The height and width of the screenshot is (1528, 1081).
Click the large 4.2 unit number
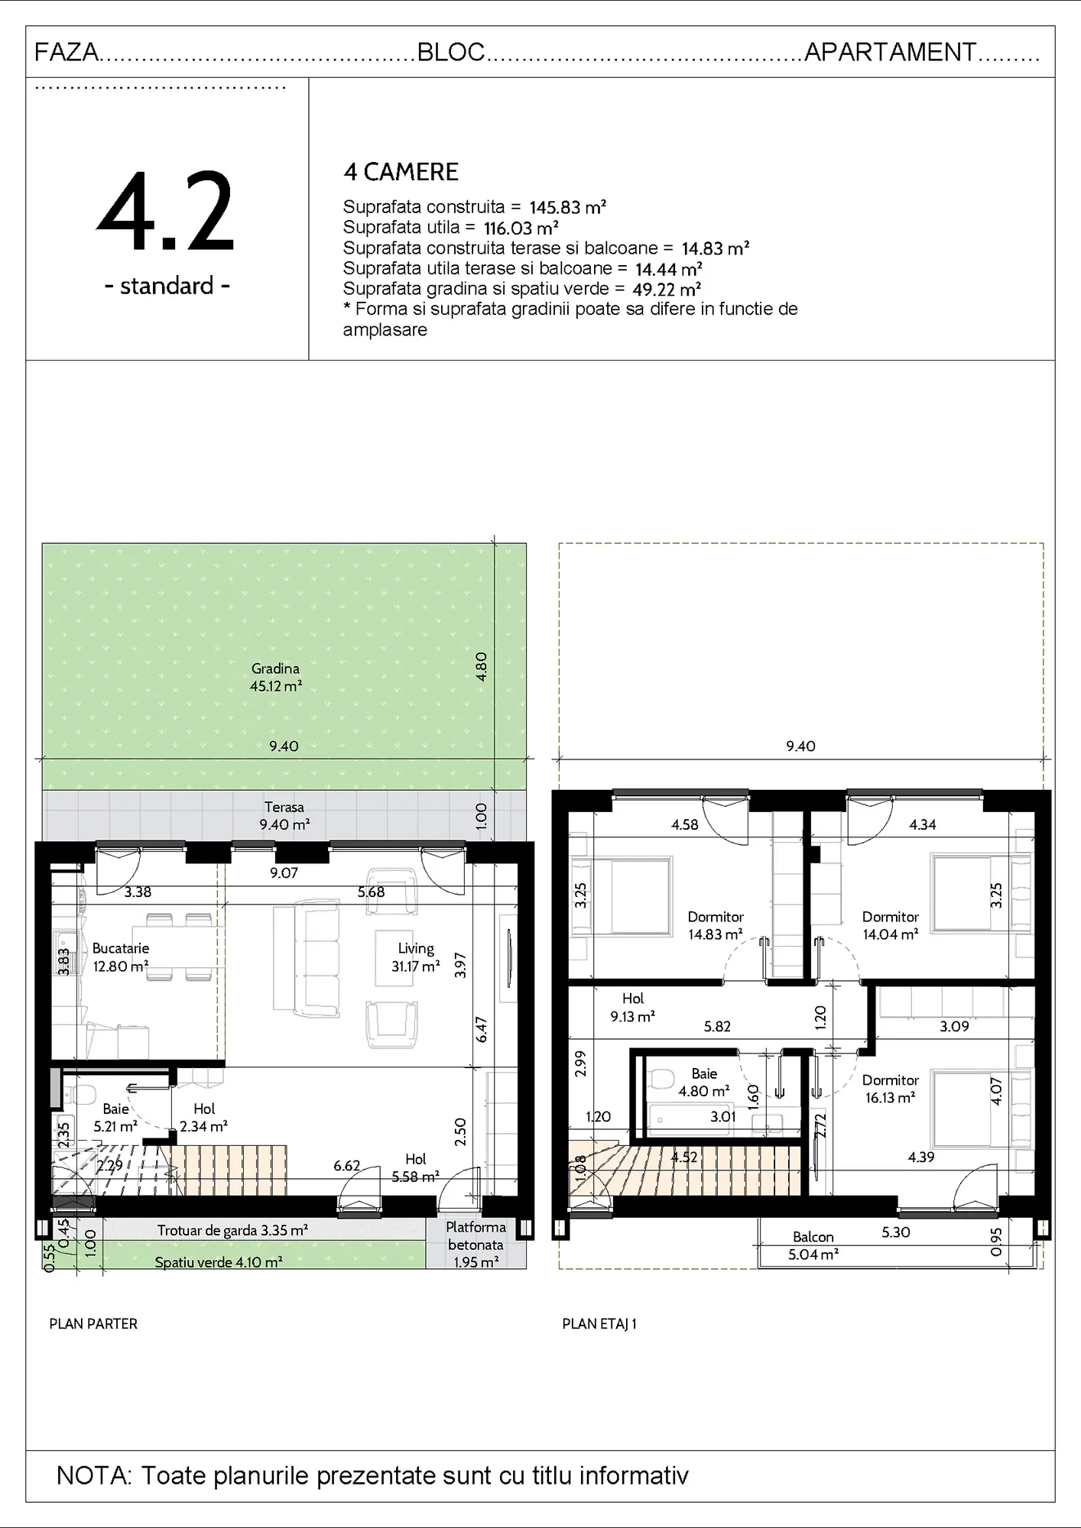pyautogui.click(x=166, y=212)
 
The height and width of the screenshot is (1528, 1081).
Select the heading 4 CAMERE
pyautogui.click(x=401, y=172)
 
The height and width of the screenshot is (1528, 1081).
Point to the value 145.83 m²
pyautogui.click(x=568, y=207)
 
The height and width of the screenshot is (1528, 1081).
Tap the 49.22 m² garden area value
pyautogui.click(x=667, y=290)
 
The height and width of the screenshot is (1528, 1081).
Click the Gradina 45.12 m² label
pyautogui.click(x=276, y=677)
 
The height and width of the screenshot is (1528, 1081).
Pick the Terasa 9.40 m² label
pyautogui.click(x=284, y=815)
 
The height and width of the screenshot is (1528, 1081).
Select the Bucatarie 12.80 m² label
pyautogui.click(x=120, y=957)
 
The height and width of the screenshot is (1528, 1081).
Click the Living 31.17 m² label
pyautogui.click(x=416, y=957)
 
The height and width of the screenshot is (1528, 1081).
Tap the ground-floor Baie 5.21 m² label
pyautogui.click(x=115, y=1117)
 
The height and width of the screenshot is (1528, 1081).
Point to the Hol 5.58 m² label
pyautogui.click(x=415, y=1167)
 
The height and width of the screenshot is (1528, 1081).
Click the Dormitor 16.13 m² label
pyautogui.click(x=890, y=1089)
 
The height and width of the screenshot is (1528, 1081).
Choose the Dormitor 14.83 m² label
pyautogui.click(x=715, y=925)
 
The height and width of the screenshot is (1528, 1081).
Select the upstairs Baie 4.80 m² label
pyautogui.click(x=704, y=1083)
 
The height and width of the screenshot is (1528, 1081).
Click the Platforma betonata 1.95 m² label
pyautogui.click(x=476, y=1245)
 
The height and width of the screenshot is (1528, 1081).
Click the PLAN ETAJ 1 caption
pyautogui.click(x=599, y=1324)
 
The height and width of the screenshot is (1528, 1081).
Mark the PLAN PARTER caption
pyautogui.click(x=93, y=1324)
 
